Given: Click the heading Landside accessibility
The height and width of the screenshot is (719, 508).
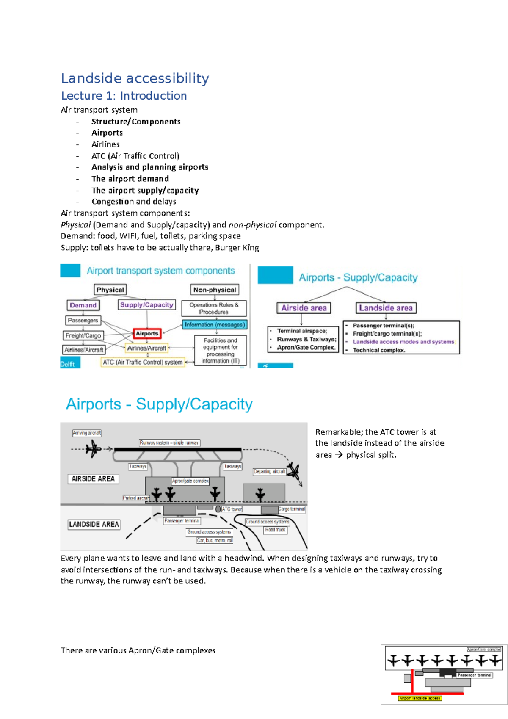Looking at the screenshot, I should [135, 78].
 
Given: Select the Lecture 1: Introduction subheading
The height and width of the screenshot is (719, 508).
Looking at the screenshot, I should [124, 96].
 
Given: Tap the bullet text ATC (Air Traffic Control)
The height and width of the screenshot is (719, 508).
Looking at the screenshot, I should [135, 156].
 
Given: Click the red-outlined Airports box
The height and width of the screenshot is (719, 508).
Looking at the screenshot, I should [147, 334].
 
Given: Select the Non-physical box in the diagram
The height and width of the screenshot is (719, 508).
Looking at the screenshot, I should [215, 290].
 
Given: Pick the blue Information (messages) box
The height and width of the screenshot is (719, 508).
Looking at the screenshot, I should [215, 325].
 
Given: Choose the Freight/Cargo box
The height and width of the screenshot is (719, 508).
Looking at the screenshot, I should [83, 336].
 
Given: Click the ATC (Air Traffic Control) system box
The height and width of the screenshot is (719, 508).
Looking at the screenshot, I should [143, 362].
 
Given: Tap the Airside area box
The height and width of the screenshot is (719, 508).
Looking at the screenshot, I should [304, 308].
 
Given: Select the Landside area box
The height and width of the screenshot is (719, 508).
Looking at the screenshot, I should [386, 308].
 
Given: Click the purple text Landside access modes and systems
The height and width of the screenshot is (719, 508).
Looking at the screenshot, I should [403, 342].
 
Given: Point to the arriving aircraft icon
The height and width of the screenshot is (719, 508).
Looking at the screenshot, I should [93, 448].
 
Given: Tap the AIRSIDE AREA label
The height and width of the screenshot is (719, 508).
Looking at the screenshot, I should [93, 479].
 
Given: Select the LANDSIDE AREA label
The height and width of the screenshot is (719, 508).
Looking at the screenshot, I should [94, 525].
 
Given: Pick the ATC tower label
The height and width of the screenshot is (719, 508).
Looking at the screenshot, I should [232, 509].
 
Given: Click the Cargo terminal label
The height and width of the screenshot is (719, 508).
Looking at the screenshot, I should [292, 509].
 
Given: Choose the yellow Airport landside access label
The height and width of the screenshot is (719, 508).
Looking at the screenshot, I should [420, 698].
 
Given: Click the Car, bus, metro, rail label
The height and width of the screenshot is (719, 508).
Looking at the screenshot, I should [215, 541].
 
